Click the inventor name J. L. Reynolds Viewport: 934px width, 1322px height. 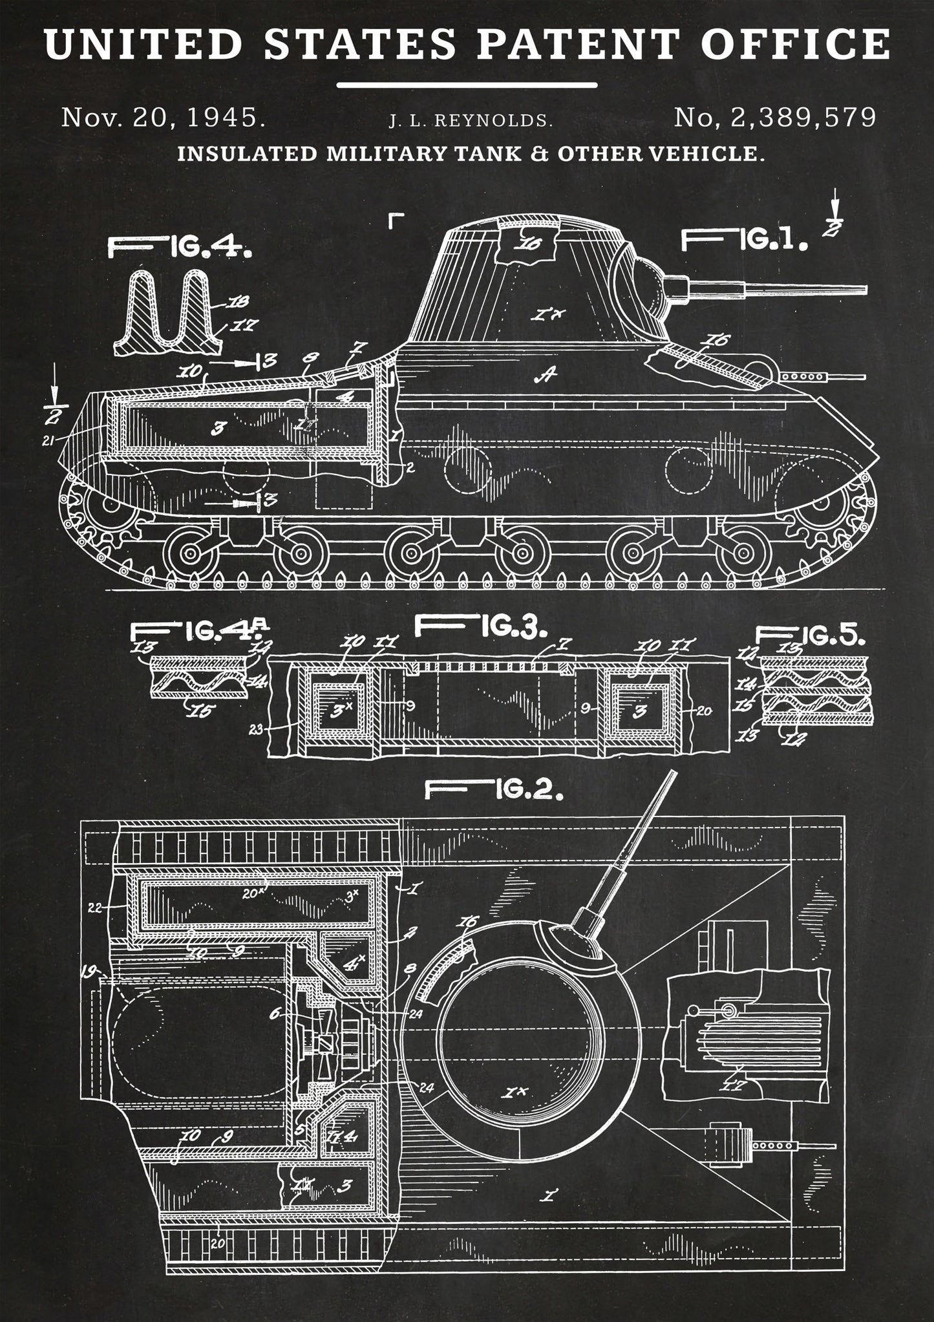[471, 120]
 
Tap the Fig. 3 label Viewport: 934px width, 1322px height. [481, 626]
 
